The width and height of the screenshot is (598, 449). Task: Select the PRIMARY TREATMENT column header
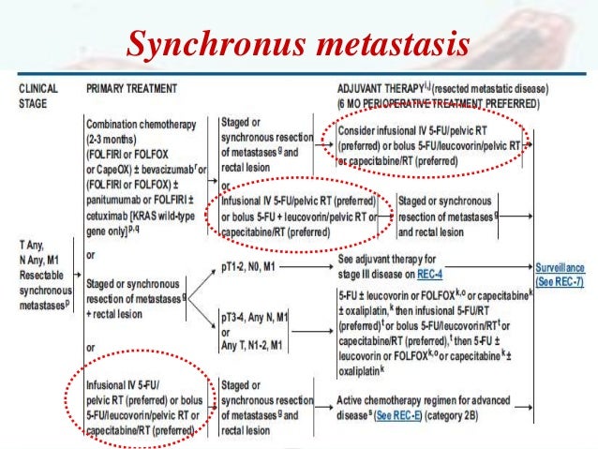(131, 89)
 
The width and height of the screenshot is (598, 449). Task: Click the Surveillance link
(565, 266)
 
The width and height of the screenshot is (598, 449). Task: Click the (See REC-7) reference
(565, 280)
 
